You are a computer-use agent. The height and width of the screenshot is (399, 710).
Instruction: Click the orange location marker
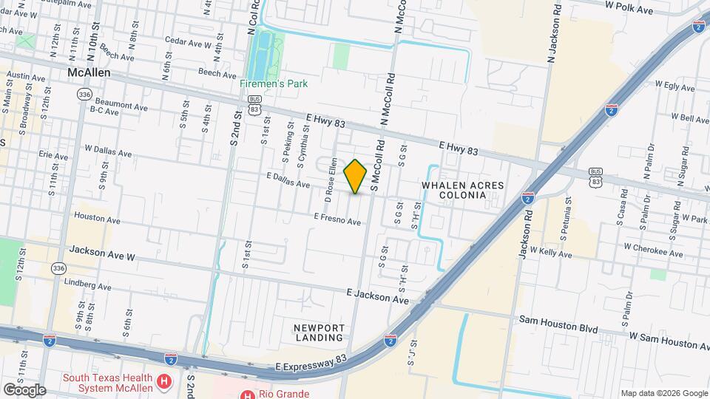[356, 176]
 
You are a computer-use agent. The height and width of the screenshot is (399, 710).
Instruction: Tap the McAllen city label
[88, 73]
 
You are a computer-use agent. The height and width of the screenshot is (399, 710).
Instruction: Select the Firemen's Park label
[273, 83]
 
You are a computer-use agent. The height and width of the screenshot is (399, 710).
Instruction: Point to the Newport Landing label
[319, 332]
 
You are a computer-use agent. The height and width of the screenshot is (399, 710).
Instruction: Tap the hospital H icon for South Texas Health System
[165, 381]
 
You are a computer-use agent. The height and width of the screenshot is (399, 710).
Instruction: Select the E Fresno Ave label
[337, 219]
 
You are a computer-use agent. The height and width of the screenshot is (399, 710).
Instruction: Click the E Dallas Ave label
[288, 180]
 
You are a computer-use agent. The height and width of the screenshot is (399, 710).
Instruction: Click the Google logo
[24, 389]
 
